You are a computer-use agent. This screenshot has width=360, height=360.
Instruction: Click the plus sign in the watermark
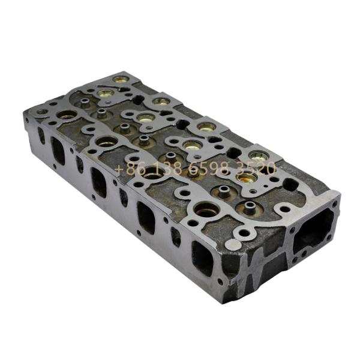tap(118, 169)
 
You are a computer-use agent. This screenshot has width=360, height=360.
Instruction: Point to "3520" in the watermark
tap(257, 168)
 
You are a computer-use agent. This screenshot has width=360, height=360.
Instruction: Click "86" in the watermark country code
tap(136, 169)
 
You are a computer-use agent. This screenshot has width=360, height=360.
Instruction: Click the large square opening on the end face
tap(313, 231)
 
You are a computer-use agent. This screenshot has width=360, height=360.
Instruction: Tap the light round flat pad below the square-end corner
tap(233, 245)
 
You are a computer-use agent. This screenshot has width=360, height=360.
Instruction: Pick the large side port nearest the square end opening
tap(203, 258)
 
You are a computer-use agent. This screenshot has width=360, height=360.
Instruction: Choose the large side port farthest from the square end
tap(58, 151)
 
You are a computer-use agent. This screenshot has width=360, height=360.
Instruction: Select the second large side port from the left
tap(99, 182)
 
